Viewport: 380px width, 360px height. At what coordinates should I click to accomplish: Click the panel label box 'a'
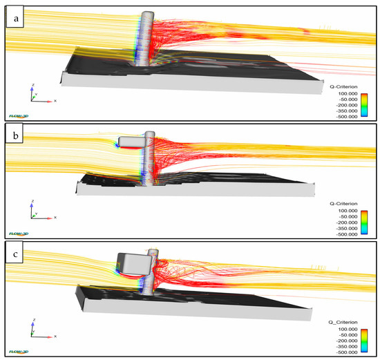[15, 20]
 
